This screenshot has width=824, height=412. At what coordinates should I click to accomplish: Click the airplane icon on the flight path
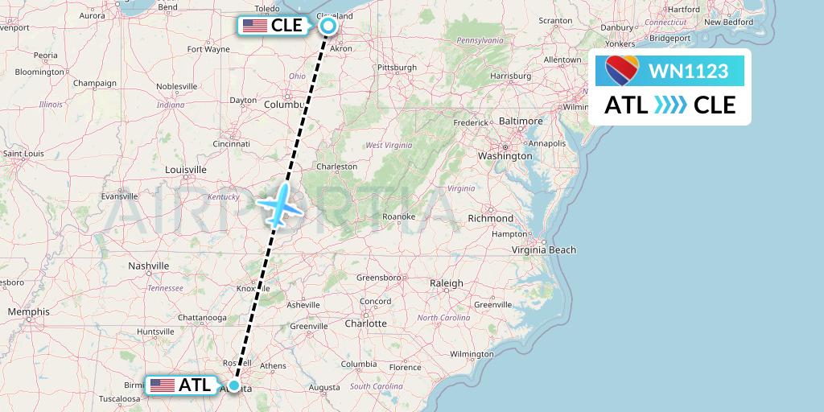point(278,205)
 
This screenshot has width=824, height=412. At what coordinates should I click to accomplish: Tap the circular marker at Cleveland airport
point(328,26)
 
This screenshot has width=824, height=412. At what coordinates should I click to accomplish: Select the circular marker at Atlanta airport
point(234,385)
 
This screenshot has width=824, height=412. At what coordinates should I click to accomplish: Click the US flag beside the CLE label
point(255,26)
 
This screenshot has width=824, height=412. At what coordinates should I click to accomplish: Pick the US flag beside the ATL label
point(163,385)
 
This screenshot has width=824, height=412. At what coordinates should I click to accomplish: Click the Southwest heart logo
point(622,71)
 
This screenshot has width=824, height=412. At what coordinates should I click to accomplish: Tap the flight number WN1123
point(688,72)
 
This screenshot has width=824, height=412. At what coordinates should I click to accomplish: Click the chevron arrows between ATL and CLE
point(670,105)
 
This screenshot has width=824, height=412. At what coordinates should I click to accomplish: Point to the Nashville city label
point(149,266)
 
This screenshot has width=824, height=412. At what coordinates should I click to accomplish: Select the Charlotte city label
point(366,323)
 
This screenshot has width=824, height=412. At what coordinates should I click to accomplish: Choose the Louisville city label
point(185,170)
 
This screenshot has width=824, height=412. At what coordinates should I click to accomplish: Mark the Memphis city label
point(28,311)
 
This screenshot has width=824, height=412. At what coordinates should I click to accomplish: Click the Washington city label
point(505,155)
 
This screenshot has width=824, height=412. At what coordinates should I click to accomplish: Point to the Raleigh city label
point(447,283)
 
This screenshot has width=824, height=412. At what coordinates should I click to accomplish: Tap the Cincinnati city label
point(233,144)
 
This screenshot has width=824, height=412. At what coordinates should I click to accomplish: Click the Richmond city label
point(490,218)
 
